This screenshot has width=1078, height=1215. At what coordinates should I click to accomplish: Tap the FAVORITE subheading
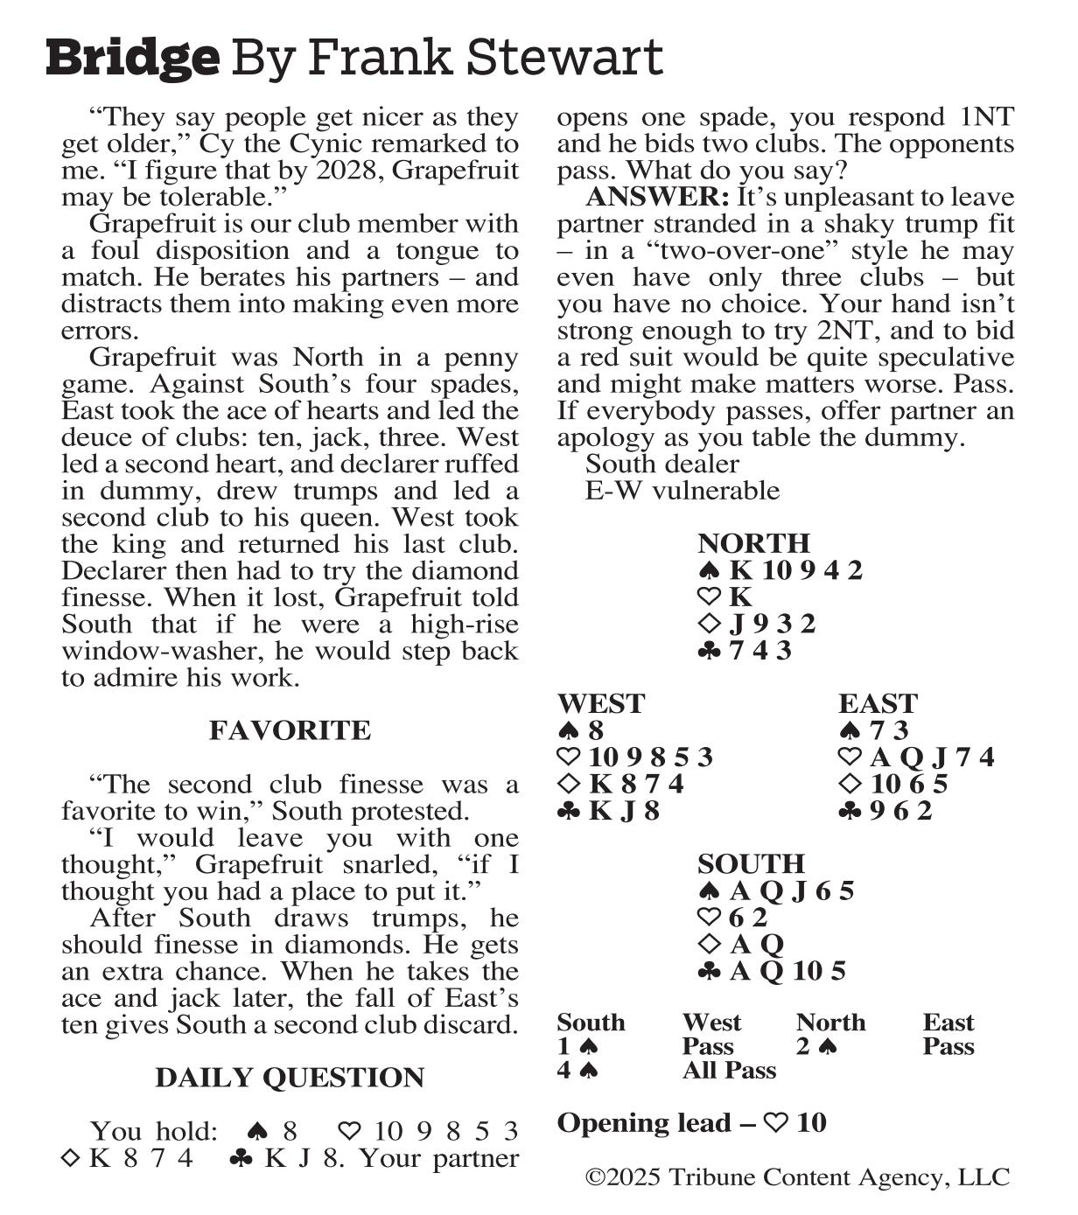point(290,730)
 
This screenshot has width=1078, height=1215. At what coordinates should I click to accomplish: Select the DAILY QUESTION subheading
point(290,1078)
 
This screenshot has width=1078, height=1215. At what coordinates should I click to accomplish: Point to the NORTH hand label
point(753,543)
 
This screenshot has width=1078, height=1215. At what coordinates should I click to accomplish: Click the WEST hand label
point(600,704)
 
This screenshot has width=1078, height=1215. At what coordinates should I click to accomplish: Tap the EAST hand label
point(878,704)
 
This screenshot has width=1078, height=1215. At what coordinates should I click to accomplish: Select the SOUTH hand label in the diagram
point(751,864)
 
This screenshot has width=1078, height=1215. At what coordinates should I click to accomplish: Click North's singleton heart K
point(740,597)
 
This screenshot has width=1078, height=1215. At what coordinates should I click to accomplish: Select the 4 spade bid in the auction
point(577,1071)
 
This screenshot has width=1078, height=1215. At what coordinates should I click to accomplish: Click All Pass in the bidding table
point(729,1071)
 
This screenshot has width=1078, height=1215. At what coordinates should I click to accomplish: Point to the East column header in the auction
point(948,1023)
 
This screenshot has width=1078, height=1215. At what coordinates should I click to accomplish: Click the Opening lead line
point(691,1123)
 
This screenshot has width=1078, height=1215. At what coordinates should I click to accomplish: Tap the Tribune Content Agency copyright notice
point(797,1177)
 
